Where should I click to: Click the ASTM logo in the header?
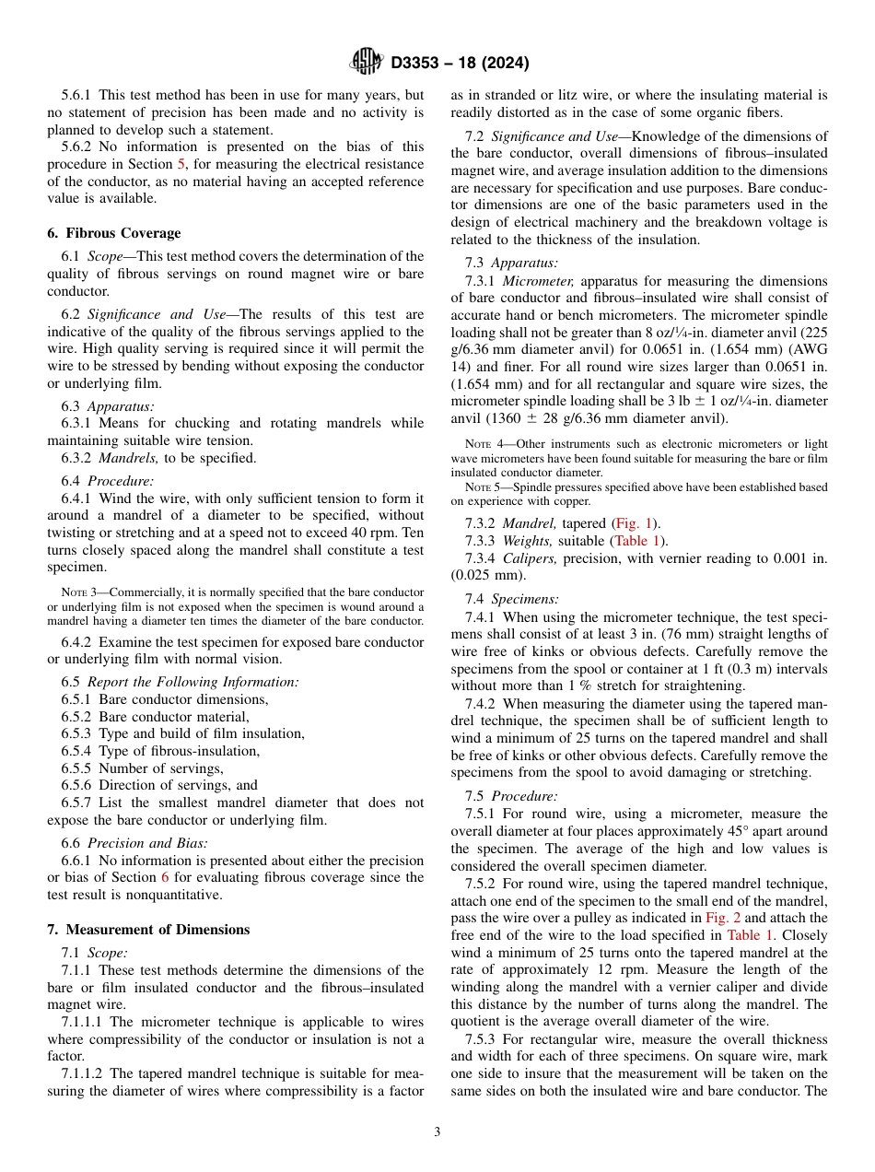[366, 62]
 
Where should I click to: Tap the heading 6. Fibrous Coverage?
[114, 232]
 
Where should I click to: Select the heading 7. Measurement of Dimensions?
[148, 929]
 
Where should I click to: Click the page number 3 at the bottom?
[437, 1131]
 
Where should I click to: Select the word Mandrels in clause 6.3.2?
[121, 457]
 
